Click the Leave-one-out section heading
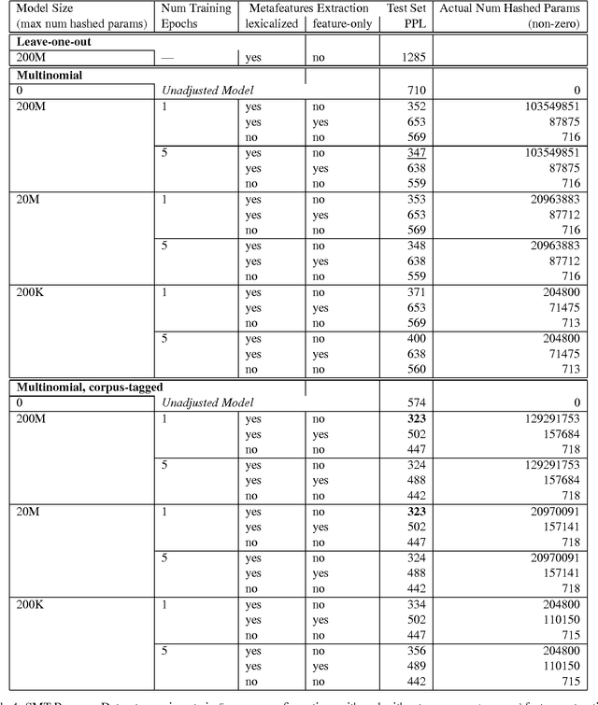55,42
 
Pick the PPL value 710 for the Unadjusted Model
415,92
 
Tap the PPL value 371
415,292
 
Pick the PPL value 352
415,106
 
